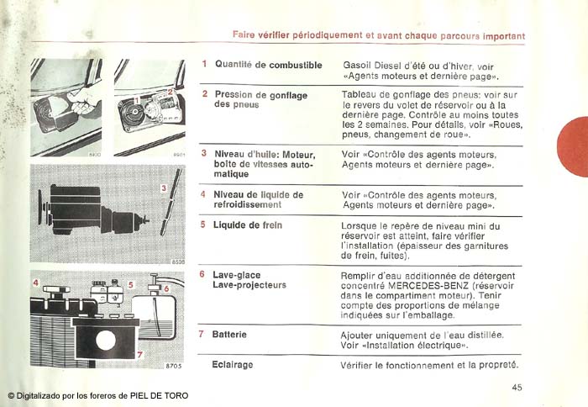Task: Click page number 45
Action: pyautogui.click(x=517, y=387)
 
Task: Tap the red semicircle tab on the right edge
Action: pyautogui.click(x=574, y=147)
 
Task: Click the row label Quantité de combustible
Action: pyautogui.click(x=268, y=64)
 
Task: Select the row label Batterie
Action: pyautogui.click(x=229, y=334)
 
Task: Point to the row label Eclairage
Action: pyautogui.click(x=233, y=365)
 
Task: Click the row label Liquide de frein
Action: pyautogui.click(x=247, y=225)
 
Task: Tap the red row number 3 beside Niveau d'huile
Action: pyautogui.click(x=204, y=154)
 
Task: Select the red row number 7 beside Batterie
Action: pyautogui.click(x=202, y=334)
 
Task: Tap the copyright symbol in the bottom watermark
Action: pyautogui.click(x=12, y=395)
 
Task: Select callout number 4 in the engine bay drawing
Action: pyautogui.click(x=35, y=283)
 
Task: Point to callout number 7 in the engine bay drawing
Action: pyautogui.click(x=139, y=355)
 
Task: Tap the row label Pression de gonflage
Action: pyautogui.click(x=260, y=95)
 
